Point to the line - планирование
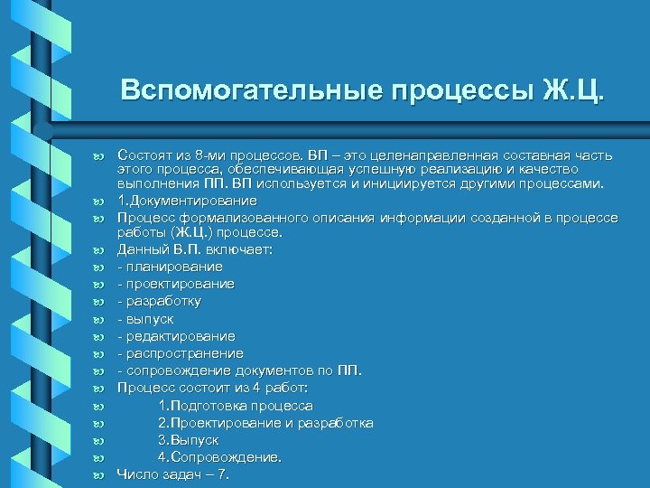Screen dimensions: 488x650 (170, 267)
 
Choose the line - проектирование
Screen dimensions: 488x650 (175, 284)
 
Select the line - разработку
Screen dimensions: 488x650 (159, 301)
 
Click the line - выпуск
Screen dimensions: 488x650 (145, 318)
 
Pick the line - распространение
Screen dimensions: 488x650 (180, 352)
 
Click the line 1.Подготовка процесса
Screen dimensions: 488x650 (235, 406)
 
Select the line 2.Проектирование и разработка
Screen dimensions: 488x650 (265, 423)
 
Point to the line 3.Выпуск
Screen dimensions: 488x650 (188, 439)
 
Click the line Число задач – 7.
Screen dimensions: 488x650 (172, 474)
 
